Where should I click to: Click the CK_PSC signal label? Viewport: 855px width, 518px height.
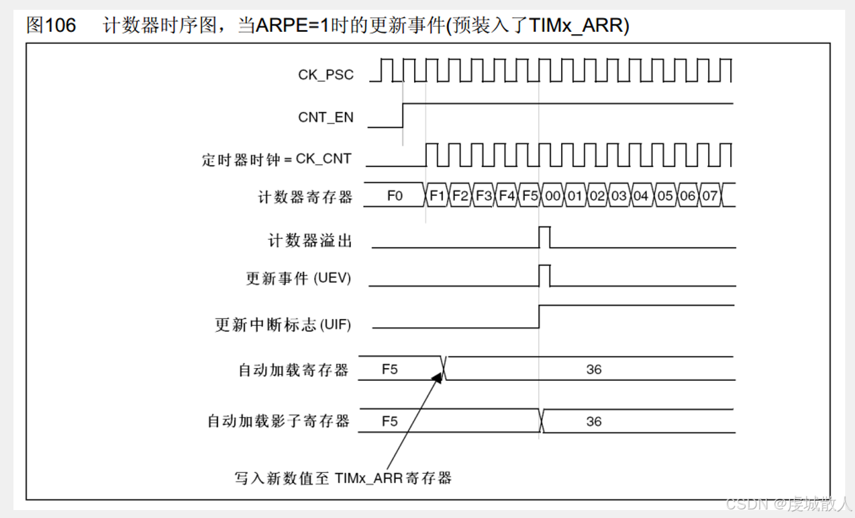(326, 75)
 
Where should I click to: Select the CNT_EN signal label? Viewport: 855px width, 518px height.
(326, 117)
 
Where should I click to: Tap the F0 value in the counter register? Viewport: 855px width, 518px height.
(395, 196)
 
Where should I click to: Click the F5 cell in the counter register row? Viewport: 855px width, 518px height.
(530, 196)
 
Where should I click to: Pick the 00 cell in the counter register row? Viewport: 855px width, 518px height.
(552, 196)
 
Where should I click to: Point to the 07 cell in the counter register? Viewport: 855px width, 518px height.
(710, 196)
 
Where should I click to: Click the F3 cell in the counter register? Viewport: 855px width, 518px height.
(484, 196)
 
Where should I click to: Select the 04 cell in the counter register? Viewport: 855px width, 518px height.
(641, 196)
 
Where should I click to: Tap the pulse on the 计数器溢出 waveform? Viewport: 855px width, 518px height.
(544, 236)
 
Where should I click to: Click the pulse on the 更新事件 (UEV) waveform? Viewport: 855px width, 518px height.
(544, 275)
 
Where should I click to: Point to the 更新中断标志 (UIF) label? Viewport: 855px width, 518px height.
(283, 325)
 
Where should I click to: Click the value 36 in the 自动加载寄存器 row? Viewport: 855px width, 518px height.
(593, 369)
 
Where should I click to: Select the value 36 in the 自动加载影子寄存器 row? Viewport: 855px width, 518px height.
(593, 421)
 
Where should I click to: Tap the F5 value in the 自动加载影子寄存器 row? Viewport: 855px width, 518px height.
(390, 421)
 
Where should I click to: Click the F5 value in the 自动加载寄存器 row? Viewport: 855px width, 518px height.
(390, 369)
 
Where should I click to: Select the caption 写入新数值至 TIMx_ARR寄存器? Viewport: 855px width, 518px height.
(343, 478)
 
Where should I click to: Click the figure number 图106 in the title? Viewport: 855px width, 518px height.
(51, 26)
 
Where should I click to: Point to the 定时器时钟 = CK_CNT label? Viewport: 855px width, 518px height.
(277, 159)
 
